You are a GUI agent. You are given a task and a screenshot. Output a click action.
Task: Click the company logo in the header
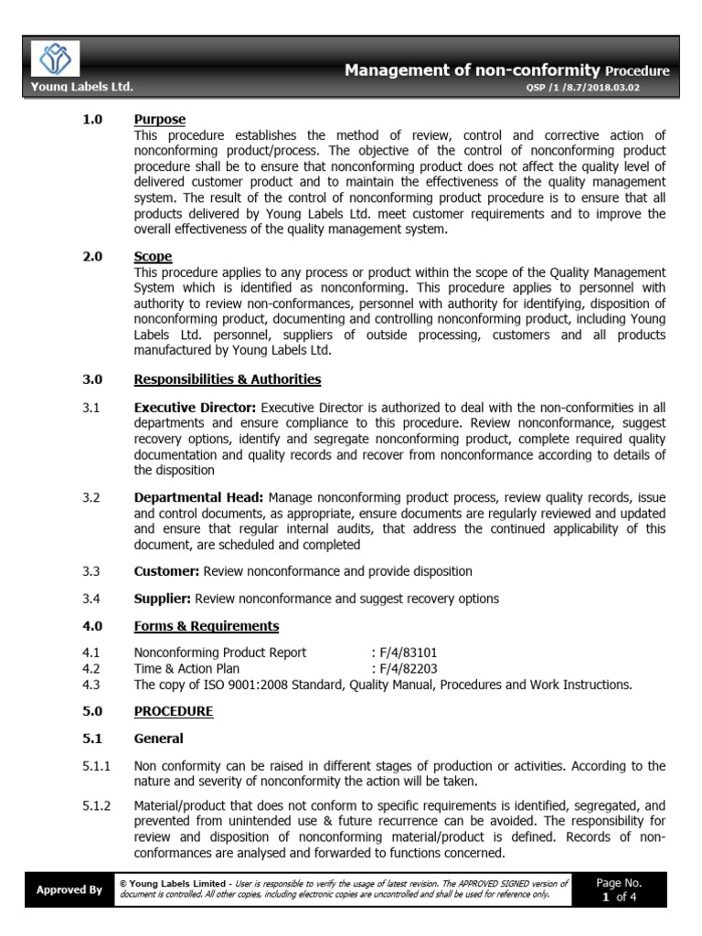click(x=56, y=59)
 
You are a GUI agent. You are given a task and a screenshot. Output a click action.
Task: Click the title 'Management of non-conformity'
click(x=472, y=69)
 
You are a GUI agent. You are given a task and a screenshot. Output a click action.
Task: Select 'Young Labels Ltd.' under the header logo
click(x=81, y=87)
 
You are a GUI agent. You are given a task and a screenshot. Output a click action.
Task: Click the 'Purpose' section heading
click(x=159, y=120)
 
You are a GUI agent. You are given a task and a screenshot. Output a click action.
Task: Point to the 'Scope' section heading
click(x=153, y=257)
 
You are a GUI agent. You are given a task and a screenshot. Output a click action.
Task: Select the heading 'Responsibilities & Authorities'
click(x=227, y=379)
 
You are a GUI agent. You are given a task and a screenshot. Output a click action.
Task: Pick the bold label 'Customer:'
click(x=166, y=571)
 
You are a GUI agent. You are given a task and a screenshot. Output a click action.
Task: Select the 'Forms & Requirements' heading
click(x=207, y=626)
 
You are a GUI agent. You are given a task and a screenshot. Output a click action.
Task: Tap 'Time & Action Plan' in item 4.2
click(x=186, y=668)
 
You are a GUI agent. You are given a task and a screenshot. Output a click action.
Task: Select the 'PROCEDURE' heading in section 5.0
click(x=174, y=711)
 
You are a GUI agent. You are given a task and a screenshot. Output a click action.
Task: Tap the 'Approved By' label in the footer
click(x=69, y=889)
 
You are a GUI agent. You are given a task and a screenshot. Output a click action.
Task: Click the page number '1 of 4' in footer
click(x=619, y=897)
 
